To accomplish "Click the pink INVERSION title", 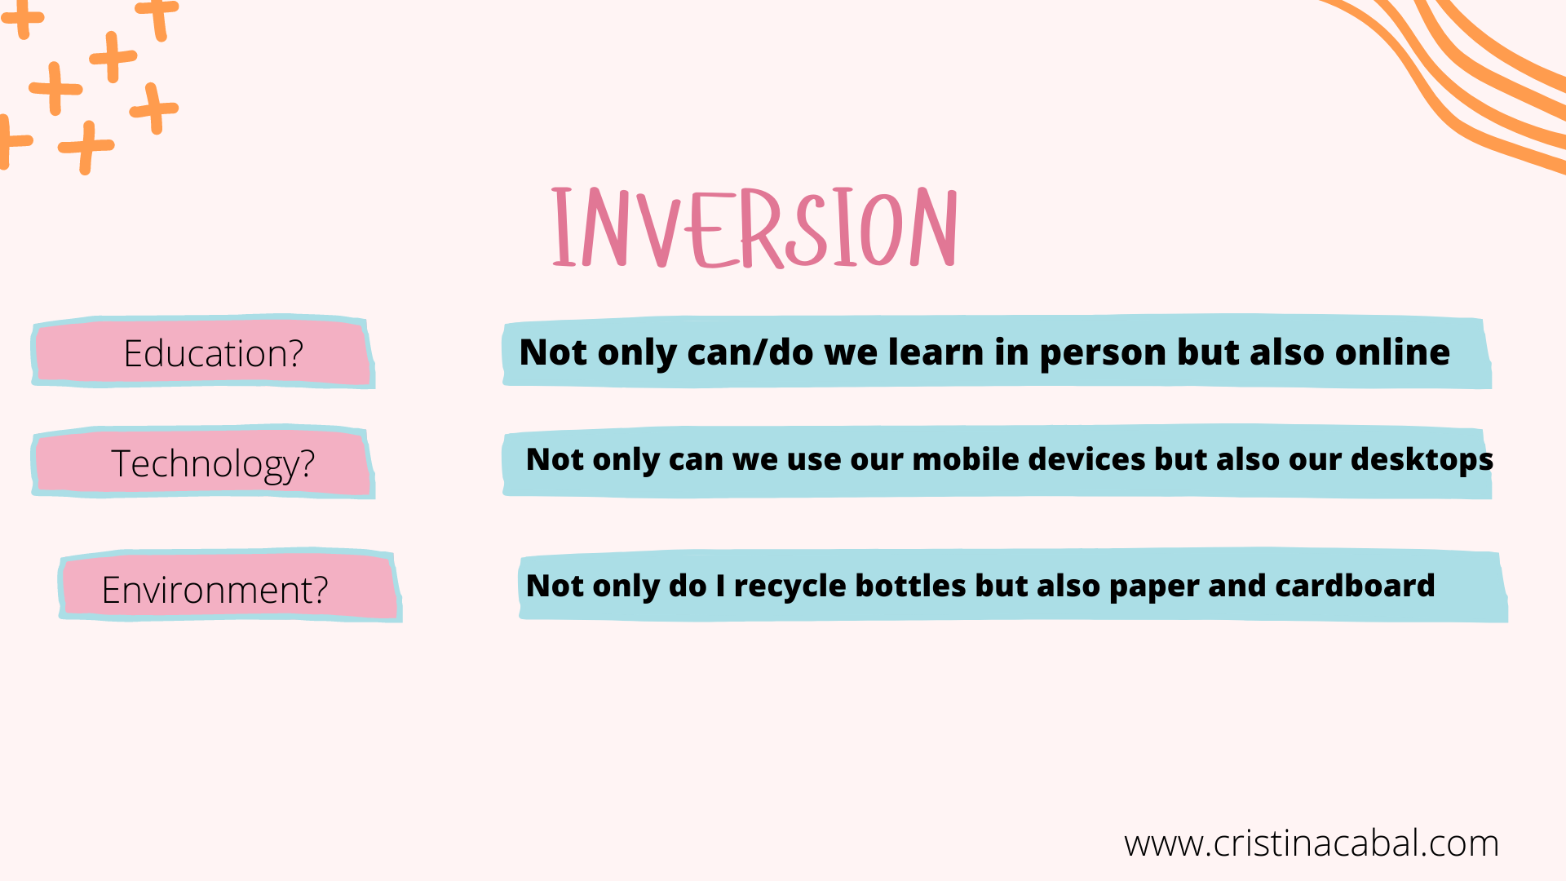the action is pyautogui.click(x=754, y=228).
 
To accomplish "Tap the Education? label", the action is pyautogui.click(x=213, y=353).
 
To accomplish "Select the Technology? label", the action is pyautogui.click(x=213, y=464).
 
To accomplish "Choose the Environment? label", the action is pyautogui.click(x=215, y=590).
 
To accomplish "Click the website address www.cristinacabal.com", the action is pyautogui.click(x=1312, y=843).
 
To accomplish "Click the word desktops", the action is pyautogui.click(x=1422, y=460).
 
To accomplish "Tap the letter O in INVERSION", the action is pyautogui.click(x=881, y=228).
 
